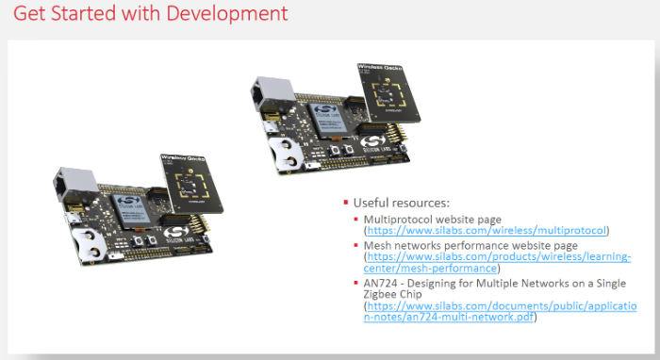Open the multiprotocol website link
pyautogui.click(x=487, y=230)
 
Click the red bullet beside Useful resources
pyautogui.click(x=346, y=203)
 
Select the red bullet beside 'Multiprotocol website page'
pyautogui.click(x=357, y=219)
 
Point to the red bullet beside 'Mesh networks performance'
pyautogui.click(x=357, y=245)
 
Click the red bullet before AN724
pyautogui.click(x=357, y=282)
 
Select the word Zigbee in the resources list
pyautogui.click(x=387, y=294)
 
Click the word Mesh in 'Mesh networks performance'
pyautogui.click(x=379, y=245)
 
